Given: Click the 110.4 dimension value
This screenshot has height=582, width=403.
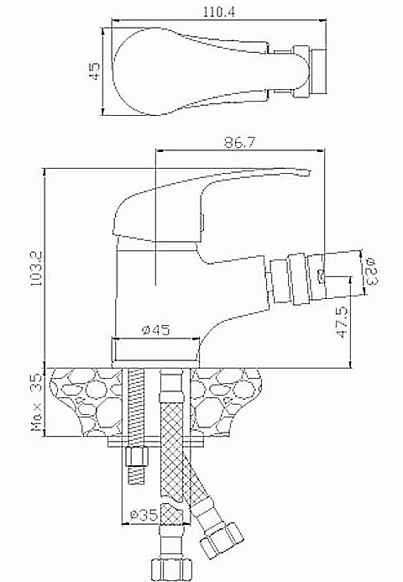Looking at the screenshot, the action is click(x=219, y=12).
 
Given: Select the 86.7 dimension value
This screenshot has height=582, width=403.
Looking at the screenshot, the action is click(x=240, y=142).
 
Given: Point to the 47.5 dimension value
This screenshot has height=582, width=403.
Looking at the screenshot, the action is click(x=343, y=322).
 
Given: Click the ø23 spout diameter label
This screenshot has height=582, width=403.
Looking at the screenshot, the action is click(x=371, y=271).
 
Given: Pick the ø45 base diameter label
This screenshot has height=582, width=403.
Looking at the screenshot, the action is click(x=156, y=329).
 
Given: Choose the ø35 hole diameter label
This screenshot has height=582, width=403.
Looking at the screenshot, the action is click(x=144, y=515).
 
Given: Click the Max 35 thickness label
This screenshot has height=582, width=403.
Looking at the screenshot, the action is click(x=37, y=402).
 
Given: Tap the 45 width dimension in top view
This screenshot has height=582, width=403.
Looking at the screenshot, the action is click(x=94, y=71).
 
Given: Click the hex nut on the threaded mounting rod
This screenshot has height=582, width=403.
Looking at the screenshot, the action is click(x=137, y=456).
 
